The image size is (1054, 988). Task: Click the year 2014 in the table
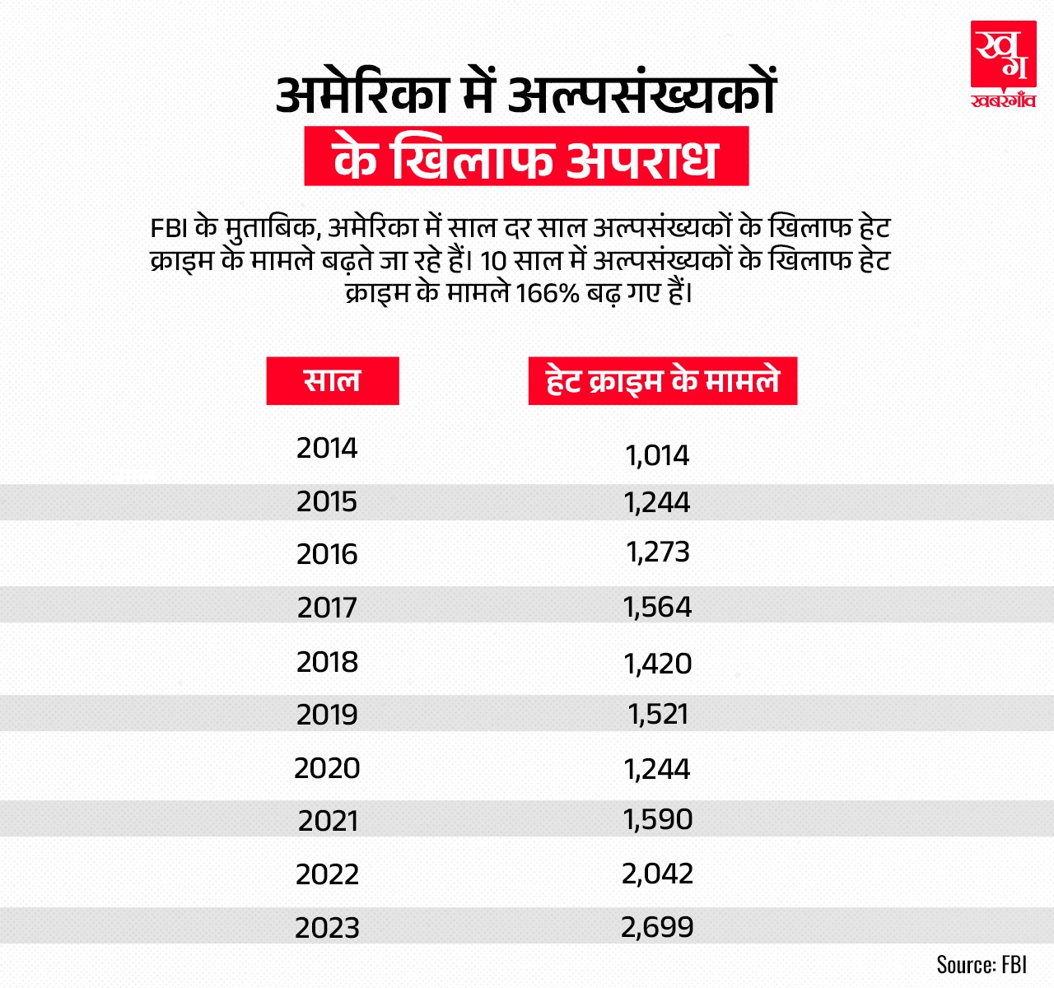(327, 448)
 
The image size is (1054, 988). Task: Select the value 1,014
(657, 455)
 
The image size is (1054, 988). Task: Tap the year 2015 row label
(327, 501)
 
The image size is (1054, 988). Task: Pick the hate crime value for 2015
(657, 502)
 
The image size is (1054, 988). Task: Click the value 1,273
(657, 552)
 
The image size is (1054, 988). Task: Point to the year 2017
(327, 608)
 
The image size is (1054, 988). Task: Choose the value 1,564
(657, 608)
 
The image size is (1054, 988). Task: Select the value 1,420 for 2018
(657, 664)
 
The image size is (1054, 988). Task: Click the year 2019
(327, 714)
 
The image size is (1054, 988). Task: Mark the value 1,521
(657, 714)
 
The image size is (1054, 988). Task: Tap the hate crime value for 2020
(657, 769)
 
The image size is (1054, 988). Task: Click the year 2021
(328, 821)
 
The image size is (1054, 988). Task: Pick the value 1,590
(657, 819)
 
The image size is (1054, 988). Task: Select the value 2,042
(657, 874)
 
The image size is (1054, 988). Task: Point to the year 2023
(327, 928)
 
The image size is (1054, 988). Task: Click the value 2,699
(657, 927)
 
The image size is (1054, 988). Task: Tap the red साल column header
(333, 380)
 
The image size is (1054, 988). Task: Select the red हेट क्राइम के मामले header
(662, 381)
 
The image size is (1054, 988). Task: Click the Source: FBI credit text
(982, 964)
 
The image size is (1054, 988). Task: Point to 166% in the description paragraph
(548, 293)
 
